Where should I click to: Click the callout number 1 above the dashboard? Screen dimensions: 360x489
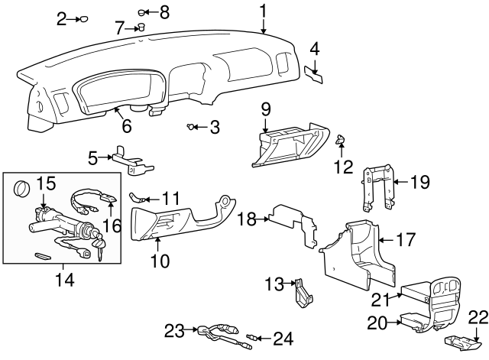pos(263,11)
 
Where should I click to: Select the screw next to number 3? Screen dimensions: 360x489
pos(189,127)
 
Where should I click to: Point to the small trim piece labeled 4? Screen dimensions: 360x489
pos(313,73)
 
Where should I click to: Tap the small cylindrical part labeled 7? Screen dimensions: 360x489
pos(141,28)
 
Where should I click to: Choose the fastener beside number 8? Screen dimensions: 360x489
pos(143,12)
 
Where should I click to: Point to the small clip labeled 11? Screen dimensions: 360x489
pos(138,197)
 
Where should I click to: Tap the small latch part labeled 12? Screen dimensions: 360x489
pos(342,138)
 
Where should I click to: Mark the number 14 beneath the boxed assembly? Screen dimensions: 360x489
pos(64,280)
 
